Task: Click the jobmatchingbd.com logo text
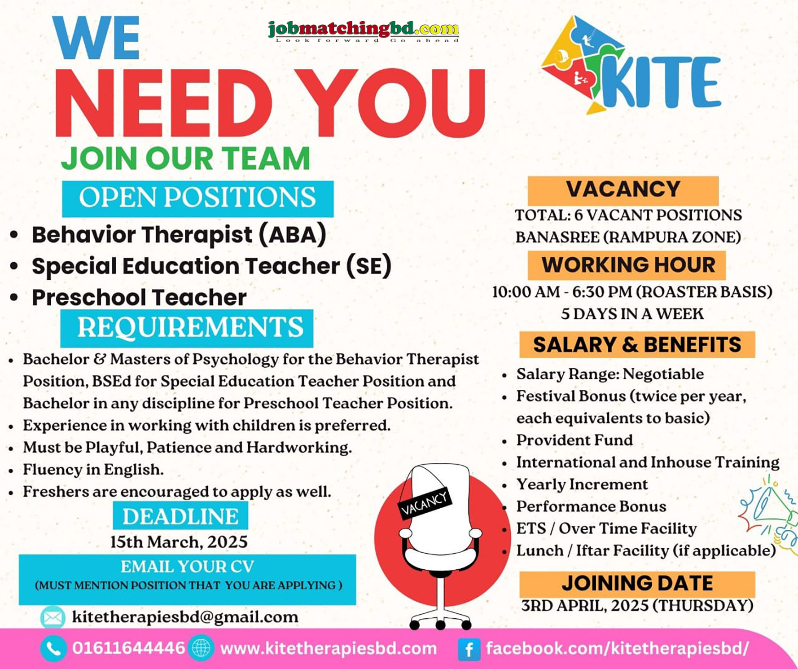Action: (364, 30)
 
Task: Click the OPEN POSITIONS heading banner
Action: (197, 198)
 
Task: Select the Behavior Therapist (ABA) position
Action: (179, 235)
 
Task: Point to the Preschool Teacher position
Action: (139, 298)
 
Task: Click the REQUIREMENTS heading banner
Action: (187, 328)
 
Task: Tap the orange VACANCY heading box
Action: (623, 190)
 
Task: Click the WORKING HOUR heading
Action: (627, 265)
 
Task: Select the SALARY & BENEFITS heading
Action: (637, 345)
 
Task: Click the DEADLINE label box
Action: (180, 516)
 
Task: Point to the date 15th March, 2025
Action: (179, 542)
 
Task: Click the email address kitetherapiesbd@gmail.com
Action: (185, 617)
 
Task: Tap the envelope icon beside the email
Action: (53, 618)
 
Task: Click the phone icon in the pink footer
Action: (53, 649)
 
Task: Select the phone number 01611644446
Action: (129, 648)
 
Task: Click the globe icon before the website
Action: (201, 648)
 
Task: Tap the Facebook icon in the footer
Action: (469, 649)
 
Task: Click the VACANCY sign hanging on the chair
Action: (424, 502)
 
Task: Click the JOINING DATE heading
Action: (637, 584)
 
